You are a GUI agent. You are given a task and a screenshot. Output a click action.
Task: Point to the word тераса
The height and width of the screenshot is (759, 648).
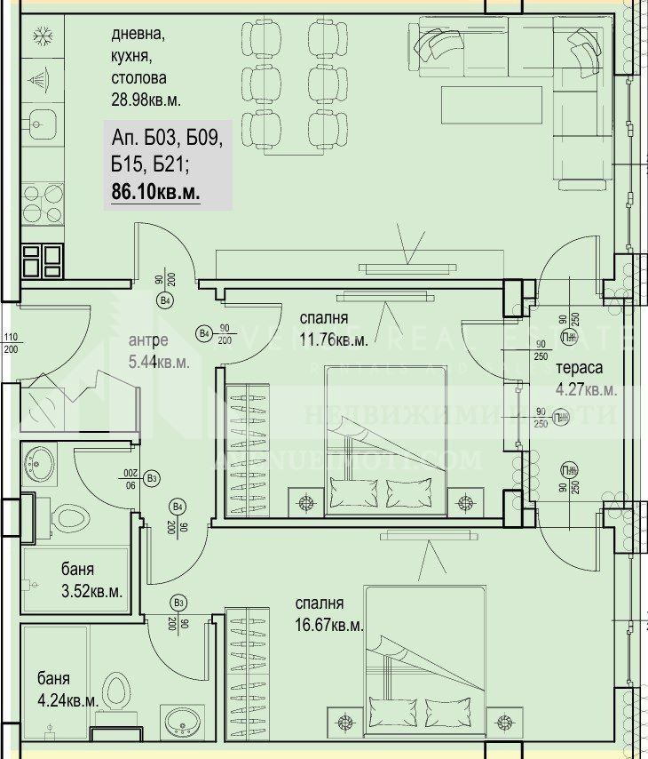tap(579, 369)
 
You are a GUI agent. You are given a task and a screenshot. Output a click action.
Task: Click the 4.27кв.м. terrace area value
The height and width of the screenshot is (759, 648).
tap(586, 389)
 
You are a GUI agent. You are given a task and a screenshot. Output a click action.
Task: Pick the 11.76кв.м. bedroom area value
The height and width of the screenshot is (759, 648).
tap(333, 339)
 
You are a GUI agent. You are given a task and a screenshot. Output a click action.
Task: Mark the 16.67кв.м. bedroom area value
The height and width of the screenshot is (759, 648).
tap(329, 625)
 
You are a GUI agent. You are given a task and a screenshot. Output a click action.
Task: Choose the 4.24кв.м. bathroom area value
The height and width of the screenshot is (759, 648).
tap(67, 700)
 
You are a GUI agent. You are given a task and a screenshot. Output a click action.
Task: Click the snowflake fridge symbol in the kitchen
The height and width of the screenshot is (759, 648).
tap(40, 36)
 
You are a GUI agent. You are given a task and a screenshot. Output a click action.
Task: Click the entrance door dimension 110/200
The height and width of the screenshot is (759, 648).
tap(11, 343)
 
